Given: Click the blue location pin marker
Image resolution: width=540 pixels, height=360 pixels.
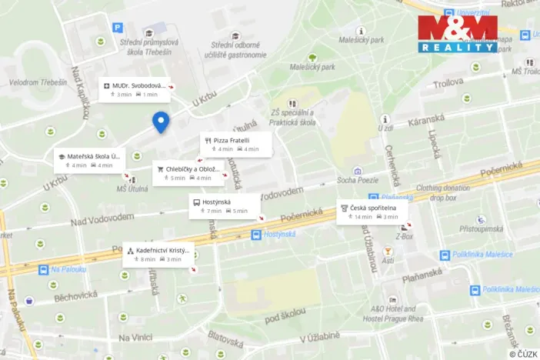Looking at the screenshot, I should (x=161, y=122).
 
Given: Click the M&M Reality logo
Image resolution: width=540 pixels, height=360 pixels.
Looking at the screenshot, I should (x=458, y=33).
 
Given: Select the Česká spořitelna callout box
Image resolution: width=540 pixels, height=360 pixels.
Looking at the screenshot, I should (x=372, y=212).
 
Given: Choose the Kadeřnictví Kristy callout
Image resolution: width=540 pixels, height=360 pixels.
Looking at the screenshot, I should (x=158, y=255).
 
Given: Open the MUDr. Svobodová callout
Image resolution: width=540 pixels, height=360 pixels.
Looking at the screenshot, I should (x=135, y=89).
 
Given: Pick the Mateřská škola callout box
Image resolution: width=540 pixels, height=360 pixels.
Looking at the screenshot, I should (x=88, y=160).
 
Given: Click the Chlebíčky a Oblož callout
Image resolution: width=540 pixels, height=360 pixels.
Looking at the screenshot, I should (x=189, y=173).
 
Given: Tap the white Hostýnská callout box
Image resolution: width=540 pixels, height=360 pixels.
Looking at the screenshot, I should (x=224, y=205).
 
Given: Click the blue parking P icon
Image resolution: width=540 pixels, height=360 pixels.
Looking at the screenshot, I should (x=118, y=28).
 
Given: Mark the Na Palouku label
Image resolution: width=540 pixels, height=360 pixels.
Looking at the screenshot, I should (x=66, y=269).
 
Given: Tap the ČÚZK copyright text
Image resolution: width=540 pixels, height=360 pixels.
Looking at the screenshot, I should (x=524, y=353).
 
